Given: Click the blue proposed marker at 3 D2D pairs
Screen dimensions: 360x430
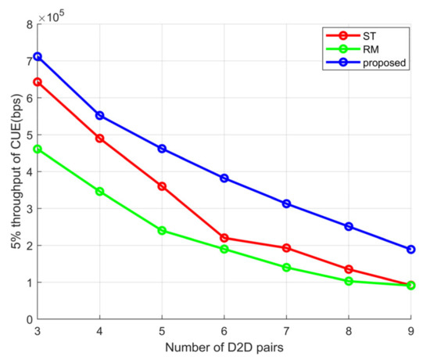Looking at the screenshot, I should (x=38, y=57).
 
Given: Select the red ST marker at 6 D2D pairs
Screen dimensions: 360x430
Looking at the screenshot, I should (x=224, y=238).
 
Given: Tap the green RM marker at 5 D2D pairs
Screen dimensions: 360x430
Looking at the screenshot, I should (x=162, y=231).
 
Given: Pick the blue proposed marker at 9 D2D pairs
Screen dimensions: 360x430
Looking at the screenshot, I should (x=410, y=250).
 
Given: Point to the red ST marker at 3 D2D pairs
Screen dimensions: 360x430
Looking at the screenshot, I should (x=38, y=82).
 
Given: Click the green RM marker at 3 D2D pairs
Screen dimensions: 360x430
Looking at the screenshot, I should (x=38, y=149).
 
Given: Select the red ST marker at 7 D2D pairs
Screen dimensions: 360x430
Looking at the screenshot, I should (x=286, y=248).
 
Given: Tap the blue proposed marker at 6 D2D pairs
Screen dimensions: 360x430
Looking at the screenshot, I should (x=224, y=178).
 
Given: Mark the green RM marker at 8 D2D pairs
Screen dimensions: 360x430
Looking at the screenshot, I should (x=349, y=281).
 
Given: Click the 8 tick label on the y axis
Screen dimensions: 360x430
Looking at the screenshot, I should (x=28, y=24).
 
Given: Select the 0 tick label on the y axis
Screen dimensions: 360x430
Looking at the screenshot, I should (x=28, y=319).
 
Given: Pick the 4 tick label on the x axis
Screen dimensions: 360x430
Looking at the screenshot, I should (x=100, y=332).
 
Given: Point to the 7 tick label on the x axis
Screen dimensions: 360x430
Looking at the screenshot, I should (x=286, y=332).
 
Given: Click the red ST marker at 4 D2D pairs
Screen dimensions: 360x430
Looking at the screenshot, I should (x=100, y=139).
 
